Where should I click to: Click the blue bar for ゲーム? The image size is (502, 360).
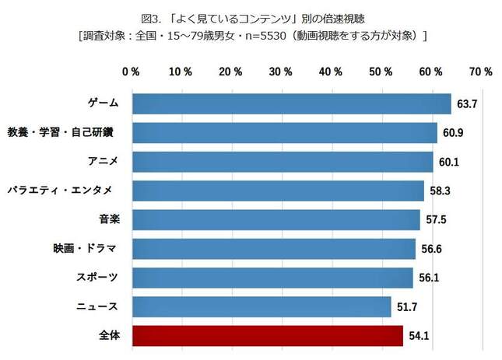[292, 104]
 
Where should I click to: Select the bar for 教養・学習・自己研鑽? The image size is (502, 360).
[285, 133]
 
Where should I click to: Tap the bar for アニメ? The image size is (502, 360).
[283, 162]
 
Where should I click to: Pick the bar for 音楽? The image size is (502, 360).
[276, 220]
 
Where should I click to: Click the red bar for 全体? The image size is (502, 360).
[268, 336]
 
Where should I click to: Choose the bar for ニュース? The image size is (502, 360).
[262, 307]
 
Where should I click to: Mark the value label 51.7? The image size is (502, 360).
[405, 308]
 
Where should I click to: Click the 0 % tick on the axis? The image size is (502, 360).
[131, 72]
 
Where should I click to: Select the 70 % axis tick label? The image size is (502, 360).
[480, 72]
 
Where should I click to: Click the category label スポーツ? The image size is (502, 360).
[100, 278]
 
